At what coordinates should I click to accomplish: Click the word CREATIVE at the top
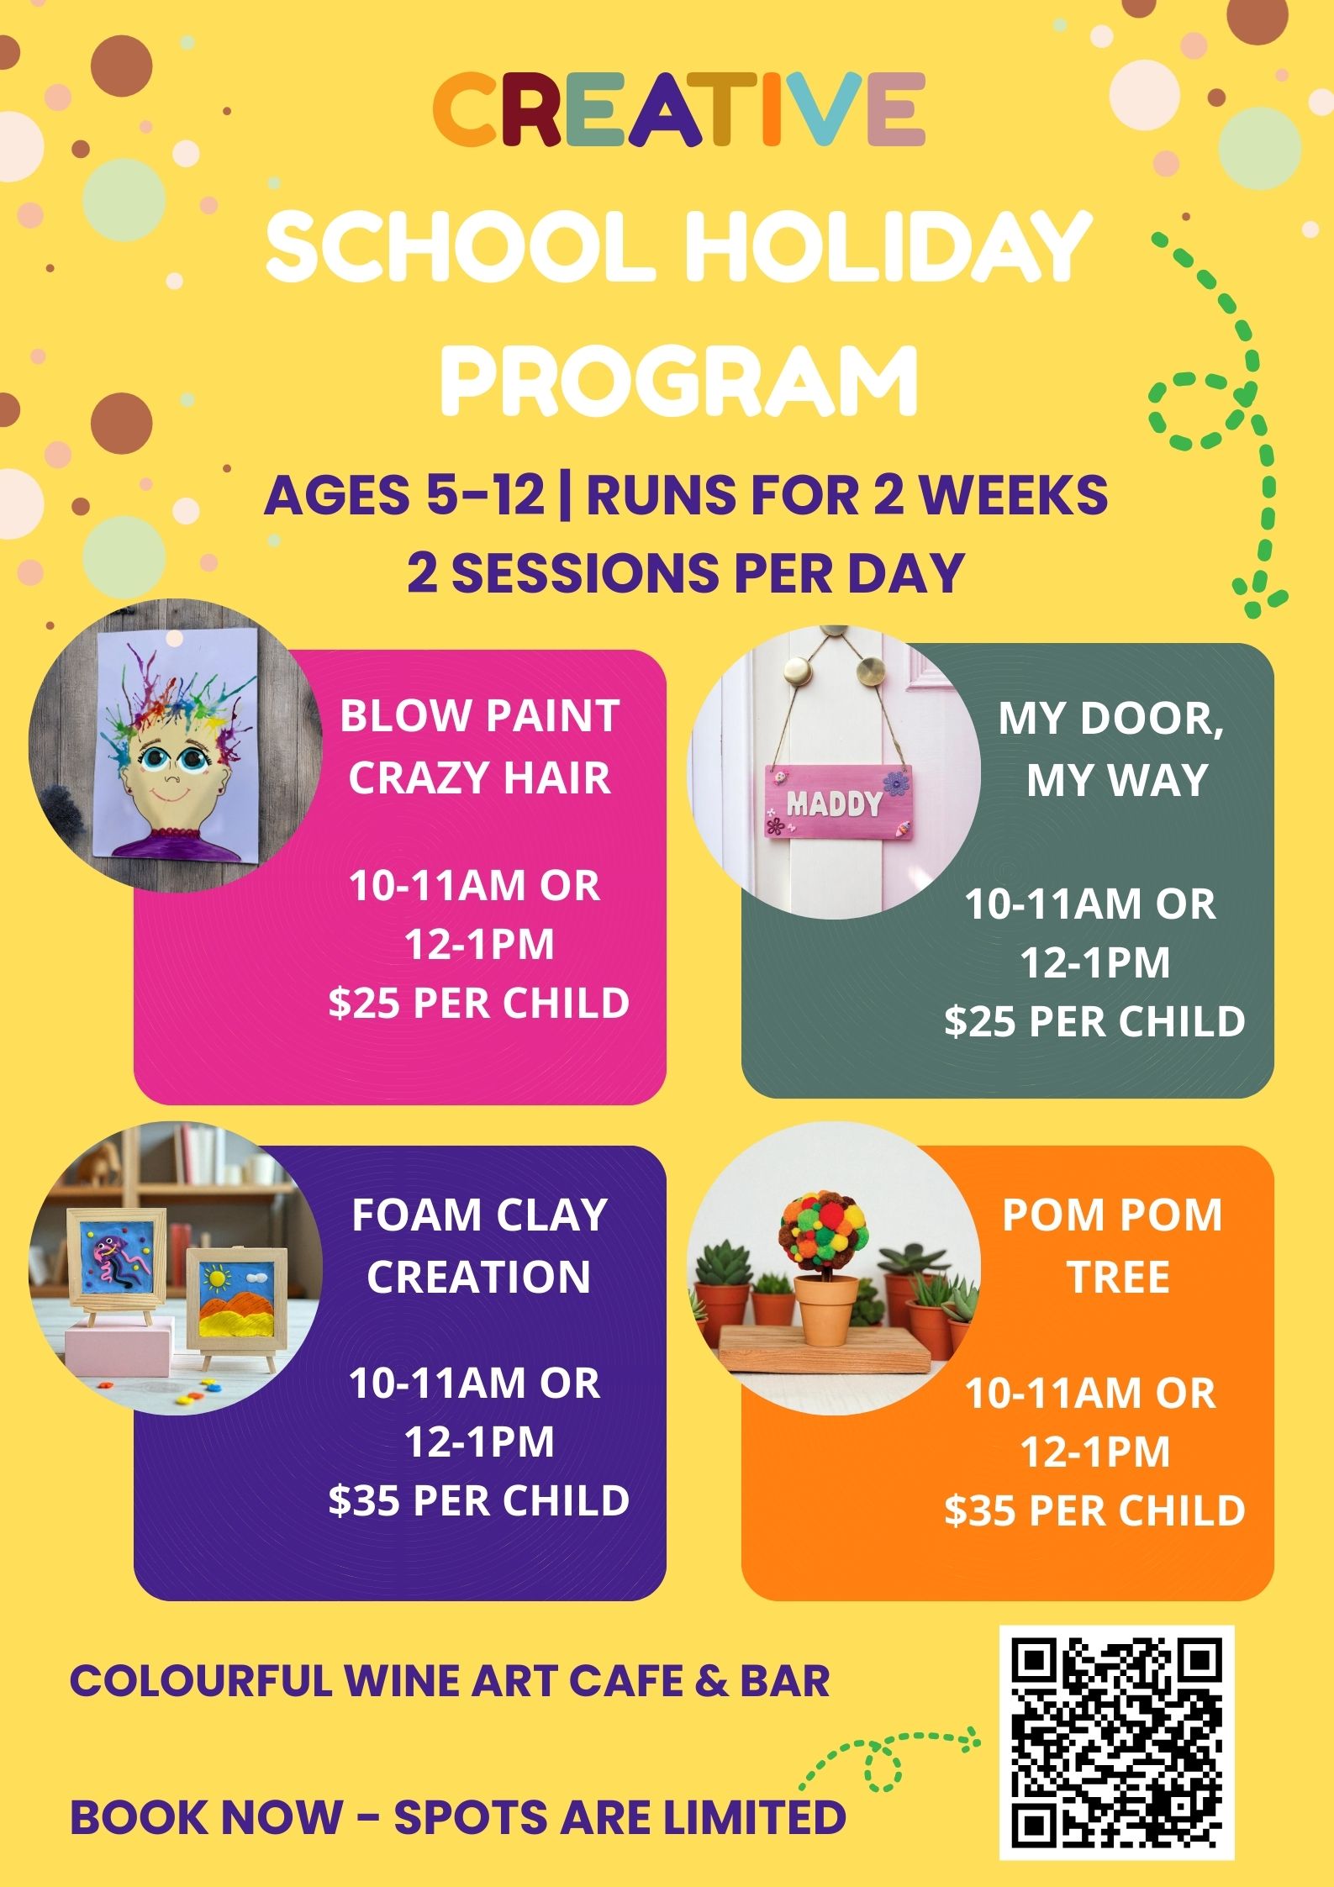tap(678, 110)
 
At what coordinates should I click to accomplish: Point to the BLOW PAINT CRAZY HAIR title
tap(479, 746)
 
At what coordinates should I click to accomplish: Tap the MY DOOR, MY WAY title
tap(1111, 749)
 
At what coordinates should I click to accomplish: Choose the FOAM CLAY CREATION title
tap(479, 1246)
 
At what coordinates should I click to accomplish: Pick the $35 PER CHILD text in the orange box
tap(1094, 1510)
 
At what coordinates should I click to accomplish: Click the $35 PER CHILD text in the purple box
tap(479, 1500)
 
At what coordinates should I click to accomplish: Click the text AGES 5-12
tap(404, 495)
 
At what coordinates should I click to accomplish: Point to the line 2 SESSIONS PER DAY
tap(685, 573)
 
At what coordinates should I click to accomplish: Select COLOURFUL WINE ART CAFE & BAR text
tap(450, 1681)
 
